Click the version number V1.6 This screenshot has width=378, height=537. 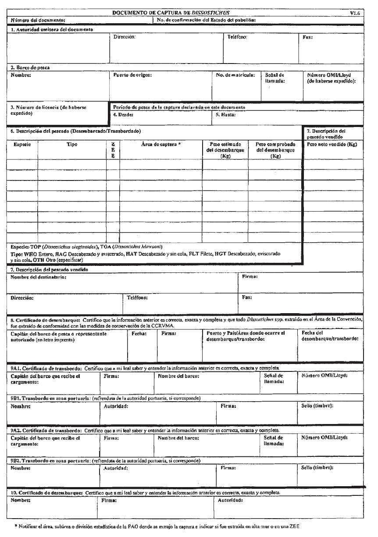click(355, 14)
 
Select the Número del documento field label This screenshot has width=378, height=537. click(38, 20)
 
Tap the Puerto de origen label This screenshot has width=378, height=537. click(132, 75)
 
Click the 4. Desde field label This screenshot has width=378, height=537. click(123, 115)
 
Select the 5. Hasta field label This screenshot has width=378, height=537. click(226, 115)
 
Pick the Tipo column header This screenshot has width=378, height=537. click(71, 145)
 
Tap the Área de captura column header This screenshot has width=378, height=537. click(161, 145)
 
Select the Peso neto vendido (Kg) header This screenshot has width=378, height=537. click(333, 145)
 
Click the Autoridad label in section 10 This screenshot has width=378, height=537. click(230, 499)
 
